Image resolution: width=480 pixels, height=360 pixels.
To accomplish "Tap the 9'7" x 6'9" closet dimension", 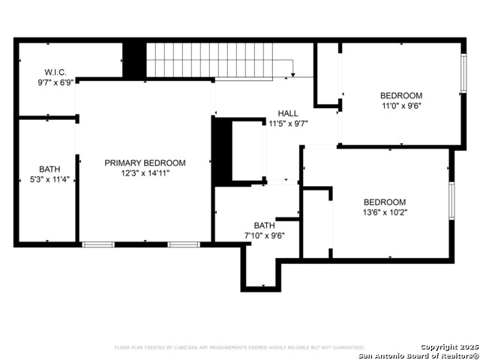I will [55, 82].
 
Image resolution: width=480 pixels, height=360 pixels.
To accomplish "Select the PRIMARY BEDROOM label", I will [145, 163].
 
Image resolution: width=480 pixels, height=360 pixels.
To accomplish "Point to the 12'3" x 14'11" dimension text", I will [145, 173].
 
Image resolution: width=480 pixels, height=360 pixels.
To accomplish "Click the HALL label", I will [288, 113].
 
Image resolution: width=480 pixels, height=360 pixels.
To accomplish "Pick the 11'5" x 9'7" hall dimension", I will [288, 124].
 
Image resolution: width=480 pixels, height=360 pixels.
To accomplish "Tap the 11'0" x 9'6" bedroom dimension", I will [400, 106].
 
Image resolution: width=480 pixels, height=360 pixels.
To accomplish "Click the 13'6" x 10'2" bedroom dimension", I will [385, 212].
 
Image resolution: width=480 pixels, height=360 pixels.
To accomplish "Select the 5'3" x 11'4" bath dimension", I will [49, 179].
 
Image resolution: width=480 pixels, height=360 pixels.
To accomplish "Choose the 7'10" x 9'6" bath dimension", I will [264, 235].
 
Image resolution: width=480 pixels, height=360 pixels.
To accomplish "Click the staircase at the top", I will [217, 59].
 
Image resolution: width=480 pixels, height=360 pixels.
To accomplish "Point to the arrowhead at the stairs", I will [292, 74].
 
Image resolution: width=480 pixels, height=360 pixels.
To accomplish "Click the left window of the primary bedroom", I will [98, 244].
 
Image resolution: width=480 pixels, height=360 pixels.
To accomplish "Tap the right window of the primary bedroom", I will [184, 244].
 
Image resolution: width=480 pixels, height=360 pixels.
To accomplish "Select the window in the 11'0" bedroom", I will [463, 73].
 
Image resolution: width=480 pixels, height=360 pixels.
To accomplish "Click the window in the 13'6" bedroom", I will [451, 200].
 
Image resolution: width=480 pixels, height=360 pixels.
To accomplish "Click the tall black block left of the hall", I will [221, 151].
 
